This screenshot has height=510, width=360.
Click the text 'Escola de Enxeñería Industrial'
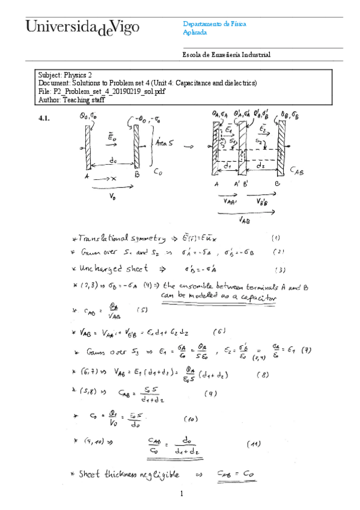pyautogui.click(x=226, y=55)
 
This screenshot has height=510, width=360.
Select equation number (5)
pyautogui.click(x=142, y=310)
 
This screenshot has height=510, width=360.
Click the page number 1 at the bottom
pyautogui.click(x=180, y=494)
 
